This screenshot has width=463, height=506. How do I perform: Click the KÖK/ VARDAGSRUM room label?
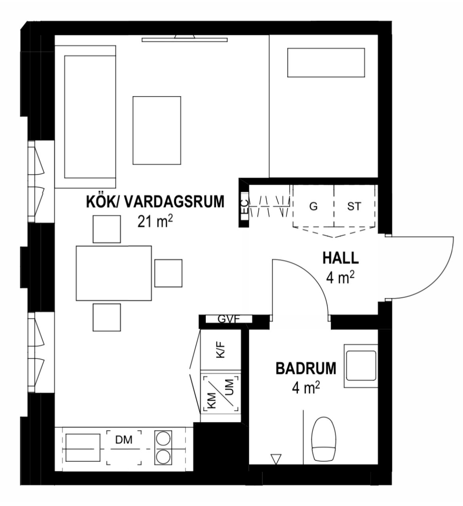(x=155, y=201)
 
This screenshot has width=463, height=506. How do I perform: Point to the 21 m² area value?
(x=155, y=222)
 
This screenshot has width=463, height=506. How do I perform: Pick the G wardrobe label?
(x=313, y=207)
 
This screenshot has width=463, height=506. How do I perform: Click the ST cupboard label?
(x=354, y=207)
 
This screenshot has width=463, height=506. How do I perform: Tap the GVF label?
(x=229, y=319)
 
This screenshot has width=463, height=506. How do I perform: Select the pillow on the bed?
(x=326, y=63)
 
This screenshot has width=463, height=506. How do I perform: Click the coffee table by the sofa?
(x=157, y=130)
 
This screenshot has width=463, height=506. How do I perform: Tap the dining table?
(x=114, y=273)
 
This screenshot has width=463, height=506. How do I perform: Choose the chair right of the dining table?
(x=168, y=273)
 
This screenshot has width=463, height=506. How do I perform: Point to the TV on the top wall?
(x=184, y=38)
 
